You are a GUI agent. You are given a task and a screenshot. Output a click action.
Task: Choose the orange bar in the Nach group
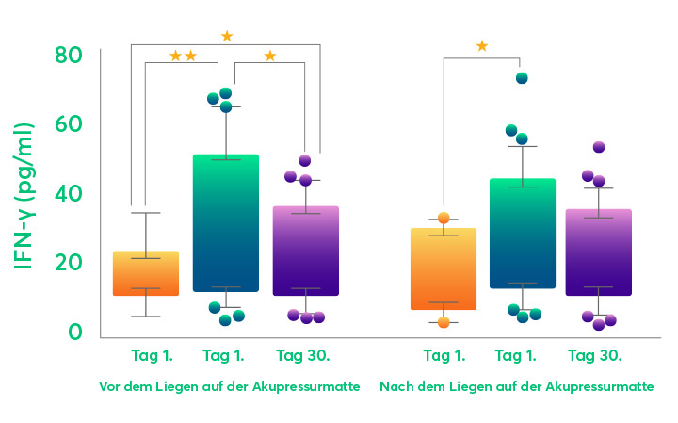(444, 268)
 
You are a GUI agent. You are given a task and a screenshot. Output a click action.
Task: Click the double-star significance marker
(183, 57)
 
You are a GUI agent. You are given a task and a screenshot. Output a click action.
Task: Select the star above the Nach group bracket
(482, 46)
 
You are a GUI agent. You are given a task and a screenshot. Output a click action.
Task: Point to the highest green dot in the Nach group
(521, 78)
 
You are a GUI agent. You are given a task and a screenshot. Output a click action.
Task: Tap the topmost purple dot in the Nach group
(599, 147)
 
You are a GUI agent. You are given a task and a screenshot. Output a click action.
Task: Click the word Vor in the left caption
(109, 387)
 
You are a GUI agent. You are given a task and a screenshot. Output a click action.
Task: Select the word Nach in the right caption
(395, 387)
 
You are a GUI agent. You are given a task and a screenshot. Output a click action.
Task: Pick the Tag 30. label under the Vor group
(303, 355)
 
